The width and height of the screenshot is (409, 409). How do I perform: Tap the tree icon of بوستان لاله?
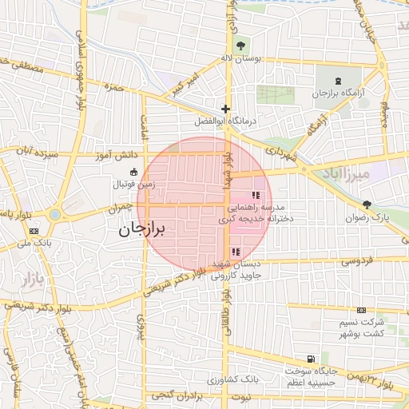[241, 44]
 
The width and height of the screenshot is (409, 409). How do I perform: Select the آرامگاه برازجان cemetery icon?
[338, 80]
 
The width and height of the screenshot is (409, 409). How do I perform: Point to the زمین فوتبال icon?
[133, 172]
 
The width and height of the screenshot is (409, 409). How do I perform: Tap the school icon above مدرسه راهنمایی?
[256, 195]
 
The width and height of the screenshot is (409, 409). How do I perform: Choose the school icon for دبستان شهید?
[234, 252]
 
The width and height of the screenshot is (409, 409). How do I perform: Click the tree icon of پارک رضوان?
[367, 204]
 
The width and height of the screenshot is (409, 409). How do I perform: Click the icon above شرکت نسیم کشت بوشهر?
[361, 309]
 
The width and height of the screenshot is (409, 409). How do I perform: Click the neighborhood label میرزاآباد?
[346, 173]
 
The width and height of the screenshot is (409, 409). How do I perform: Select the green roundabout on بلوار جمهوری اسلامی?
[54, 214]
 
